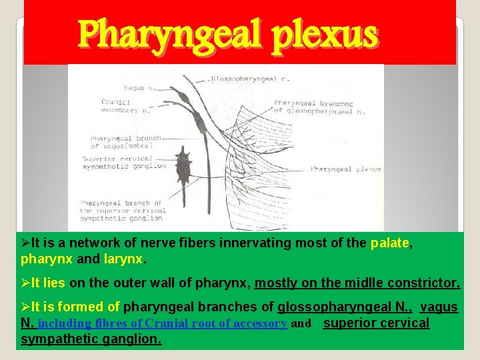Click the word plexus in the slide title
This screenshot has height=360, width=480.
coord(328,34)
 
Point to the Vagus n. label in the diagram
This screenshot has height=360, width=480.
coord(120,88)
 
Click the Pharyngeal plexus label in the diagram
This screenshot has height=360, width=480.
coord(347,169)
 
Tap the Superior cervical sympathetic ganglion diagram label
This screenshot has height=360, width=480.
coord(123,162)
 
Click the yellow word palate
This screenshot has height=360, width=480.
coord(389,243)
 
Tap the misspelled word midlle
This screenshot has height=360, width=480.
coord(365,283)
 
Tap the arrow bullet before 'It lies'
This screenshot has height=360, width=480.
coord(25,283)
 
